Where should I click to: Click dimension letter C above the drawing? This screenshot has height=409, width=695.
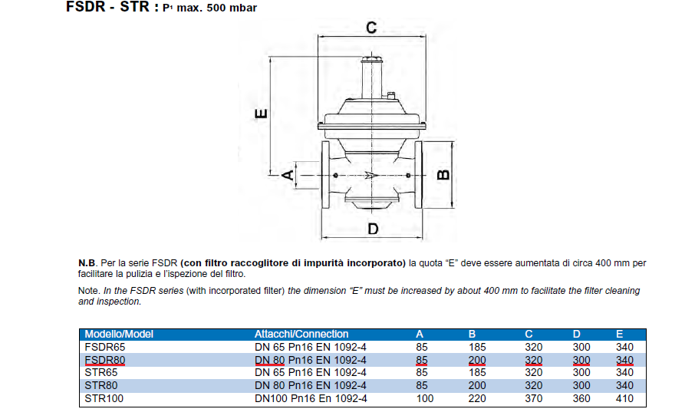click(371, 28)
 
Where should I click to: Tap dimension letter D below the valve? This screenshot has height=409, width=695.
click(374, 229)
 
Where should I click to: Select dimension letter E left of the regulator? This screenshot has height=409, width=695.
click(261, 114)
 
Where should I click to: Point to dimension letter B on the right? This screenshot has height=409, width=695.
click(443, 175)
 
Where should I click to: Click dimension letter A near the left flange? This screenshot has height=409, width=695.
click(288, 175)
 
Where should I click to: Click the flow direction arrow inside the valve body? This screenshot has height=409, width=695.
click(371, 176)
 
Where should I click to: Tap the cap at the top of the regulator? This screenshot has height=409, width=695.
click(371, 59)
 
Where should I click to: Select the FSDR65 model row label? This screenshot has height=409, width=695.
click(105, 347)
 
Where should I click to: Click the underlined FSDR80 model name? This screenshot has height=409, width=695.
click(105, 360)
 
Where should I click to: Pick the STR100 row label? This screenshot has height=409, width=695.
click(104, 398)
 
